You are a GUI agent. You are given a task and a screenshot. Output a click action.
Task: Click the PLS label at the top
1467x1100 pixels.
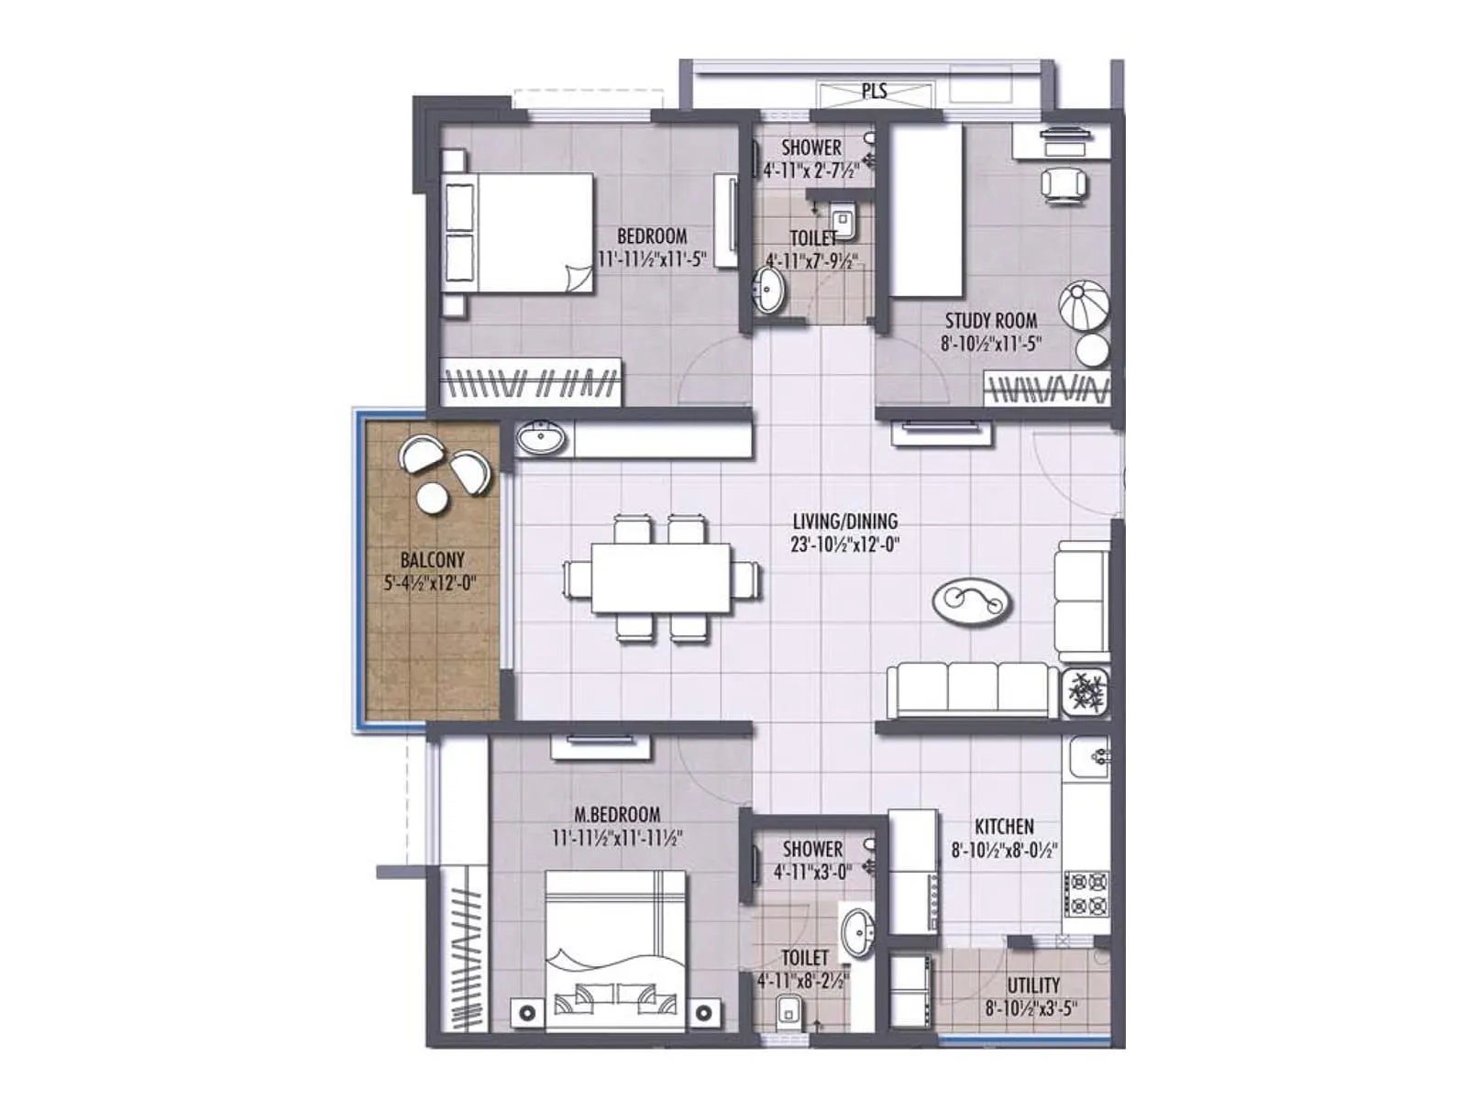[874, 92]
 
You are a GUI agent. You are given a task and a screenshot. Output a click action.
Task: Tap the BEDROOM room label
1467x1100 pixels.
[652, 236]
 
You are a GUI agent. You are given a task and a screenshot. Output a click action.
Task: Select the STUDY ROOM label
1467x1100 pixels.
[991, 321]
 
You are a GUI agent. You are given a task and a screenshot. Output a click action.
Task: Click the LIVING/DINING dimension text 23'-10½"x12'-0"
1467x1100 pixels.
[845, 544]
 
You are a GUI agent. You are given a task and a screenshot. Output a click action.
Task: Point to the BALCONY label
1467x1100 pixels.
[433, 559]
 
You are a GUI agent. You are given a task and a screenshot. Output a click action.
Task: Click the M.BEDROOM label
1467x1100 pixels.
[617, 814]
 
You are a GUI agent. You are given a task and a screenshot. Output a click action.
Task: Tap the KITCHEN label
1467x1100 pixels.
[1004, 826]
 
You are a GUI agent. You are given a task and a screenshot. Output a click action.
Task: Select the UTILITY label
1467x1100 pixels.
[1033, 985]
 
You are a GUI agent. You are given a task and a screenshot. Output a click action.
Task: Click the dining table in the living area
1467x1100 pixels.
[661, 578]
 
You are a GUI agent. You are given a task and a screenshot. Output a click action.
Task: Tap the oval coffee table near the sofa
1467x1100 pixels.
[973, 601]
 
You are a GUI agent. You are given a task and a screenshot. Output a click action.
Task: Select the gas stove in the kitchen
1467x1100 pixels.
[1086, 894]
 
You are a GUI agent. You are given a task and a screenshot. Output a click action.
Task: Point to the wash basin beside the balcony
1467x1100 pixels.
[542, 439]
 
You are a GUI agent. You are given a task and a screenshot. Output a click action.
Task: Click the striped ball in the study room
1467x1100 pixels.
[1084, 306]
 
